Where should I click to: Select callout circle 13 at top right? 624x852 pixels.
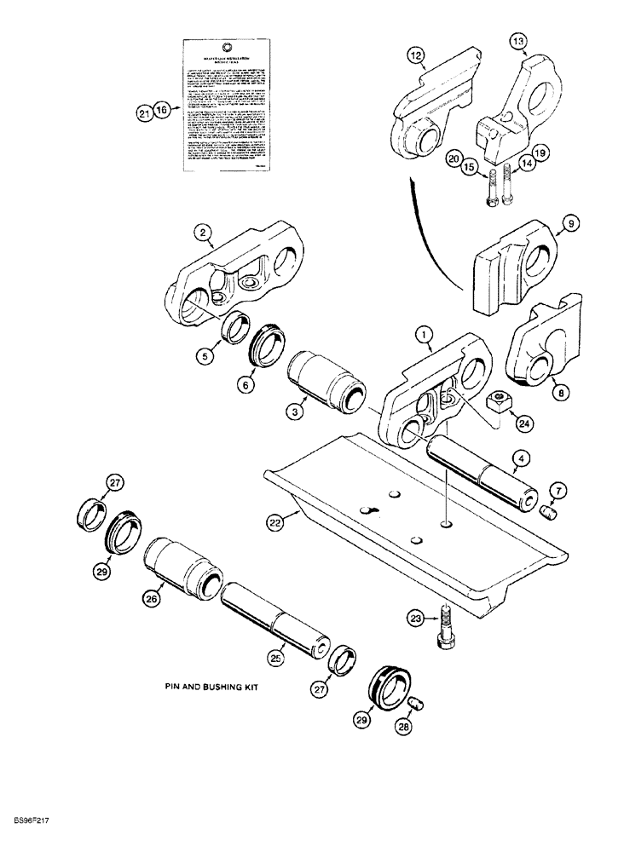pyautogui.click(x=519, y=41)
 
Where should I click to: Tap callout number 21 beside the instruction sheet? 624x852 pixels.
pyautogui.click(x=144, y=111)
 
